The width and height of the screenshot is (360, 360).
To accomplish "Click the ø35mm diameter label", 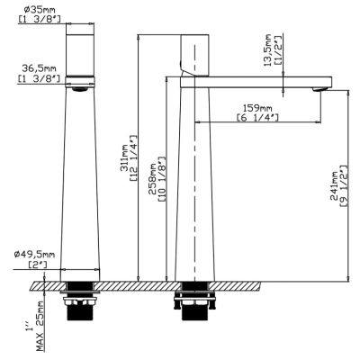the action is pos(40,10).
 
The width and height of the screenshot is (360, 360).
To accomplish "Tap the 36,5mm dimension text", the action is pos(39,69).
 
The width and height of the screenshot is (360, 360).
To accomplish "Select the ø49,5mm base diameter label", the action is pos(34,255).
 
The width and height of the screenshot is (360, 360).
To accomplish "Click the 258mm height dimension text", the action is pos(152,179).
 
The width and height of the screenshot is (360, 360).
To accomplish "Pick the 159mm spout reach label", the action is pos(257,108).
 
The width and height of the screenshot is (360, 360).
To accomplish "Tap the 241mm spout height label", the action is pos(334,186).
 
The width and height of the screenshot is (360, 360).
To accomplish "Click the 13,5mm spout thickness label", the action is pos(267,50).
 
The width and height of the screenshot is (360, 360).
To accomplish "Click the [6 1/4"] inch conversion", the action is pos(257,118).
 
